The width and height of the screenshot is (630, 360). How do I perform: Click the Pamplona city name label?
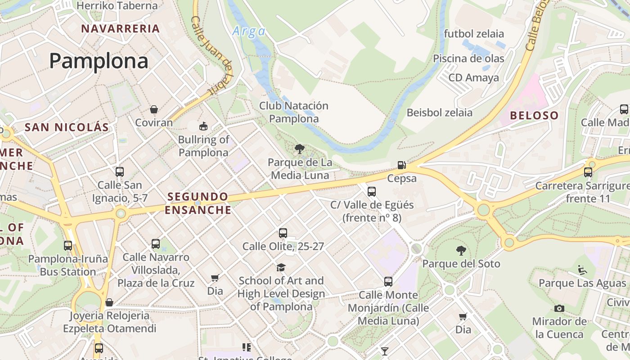[99, 61]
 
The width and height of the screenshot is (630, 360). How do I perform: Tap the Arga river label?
[248, 31]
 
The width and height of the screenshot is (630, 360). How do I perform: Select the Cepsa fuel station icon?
[402, 165]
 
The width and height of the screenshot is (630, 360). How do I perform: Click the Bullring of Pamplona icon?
[203, 126]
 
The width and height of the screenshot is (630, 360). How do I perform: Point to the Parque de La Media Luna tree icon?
[299, 149]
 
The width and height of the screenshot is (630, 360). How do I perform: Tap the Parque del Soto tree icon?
[461, 251]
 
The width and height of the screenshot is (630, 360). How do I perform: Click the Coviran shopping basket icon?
[154, 109]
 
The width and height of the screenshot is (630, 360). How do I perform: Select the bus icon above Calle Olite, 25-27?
[283, 233]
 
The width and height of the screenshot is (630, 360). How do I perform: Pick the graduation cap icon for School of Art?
[281, 267]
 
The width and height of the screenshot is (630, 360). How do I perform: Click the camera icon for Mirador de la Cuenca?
[559, 308]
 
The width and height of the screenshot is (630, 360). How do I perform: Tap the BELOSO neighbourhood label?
[534, 116]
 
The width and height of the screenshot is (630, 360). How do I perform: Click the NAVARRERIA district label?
[120, 29]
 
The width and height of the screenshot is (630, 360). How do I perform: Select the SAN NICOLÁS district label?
[67, 127]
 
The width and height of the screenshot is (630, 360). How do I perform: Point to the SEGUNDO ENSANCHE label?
[198, 203]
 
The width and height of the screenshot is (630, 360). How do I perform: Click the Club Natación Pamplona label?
[294, 112]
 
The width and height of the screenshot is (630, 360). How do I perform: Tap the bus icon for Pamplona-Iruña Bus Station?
[68, 246]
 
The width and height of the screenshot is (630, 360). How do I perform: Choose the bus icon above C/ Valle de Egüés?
[372, 192]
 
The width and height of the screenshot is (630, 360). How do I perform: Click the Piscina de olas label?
[468, 58]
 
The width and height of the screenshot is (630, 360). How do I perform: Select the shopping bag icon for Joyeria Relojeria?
[109, 302]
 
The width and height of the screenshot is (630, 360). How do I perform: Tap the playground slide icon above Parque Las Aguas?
[582, 270]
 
